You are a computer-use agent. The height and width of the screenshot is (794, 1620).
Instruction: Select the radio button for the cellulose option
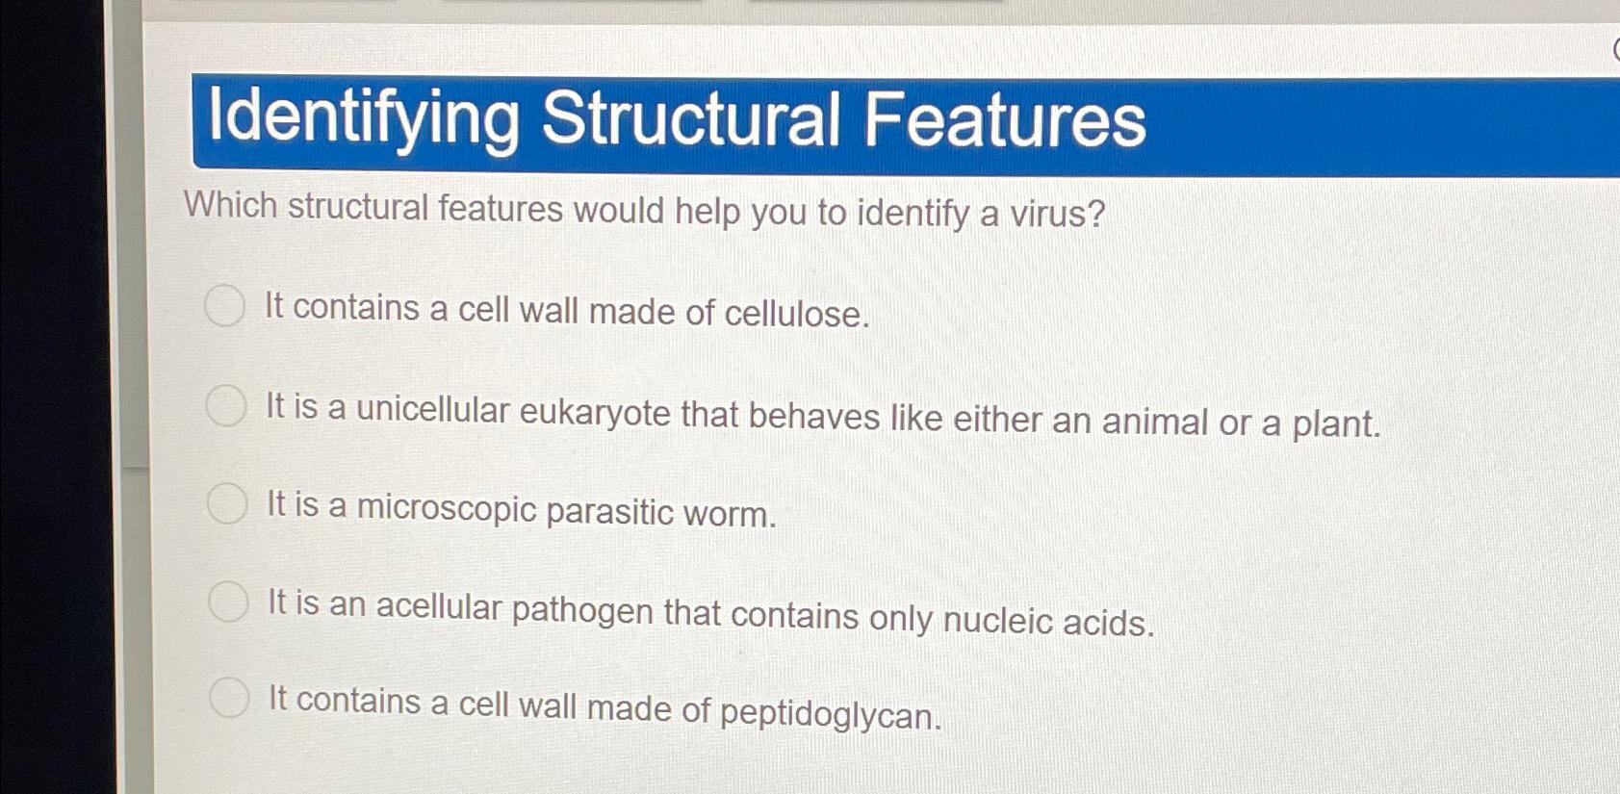pyautogui.click(x=225, y=306)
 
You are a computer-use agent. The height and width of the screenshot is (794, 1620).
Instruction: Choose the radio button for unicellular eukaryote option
pyautogui.click(x=226, y=405)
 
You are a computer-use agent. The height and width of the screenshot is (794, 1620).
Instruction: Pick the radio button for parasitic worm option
pyautogui.click(x=228, y=503)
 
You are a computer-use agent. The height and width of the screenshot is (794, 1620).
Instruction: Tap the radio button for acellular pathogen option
pyautogui.click(x=229, y=602)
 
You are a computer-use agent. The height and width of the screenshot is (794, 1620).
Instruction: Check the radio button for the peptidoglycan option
pyautogui.click(x=230, y=698)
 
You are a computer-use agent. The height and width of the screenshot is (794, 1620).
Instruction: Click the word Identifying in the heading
pyautogui.click(x=363, y=117)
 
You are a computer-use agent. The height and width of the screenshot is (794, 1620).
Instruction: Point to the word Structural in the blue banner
pyautogui.click(x=690, y=119)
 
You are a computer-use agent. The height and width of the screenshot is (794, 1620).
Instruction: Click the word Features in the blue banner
pyautogui.click(x=1004, y=121)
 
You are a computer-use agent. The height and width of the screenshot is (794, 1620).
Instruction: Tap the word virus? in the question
pyautogui.click(x=1057, y=214)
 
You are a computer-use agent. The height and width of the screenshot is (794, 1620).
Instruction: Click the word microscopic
pyautogui.click(x=447, y=508)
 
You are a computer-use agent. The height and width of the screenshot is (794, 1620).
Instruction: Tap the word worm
pyautogui.click(x=729, y=514)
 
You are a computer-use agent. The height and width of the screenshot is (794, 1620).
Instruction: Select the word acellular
pyautogui.click(x=439, y=606)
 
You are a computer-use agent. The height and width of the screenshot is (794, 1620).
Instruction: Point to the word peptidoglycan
pyautogui.click(x=830, y=713)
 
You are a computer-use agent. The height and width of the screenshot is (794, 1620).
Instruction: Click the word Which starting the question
pyautogui.click(x=231, y=205)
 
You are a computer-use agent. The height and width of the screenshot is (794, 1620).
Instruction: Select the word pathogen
pyautogui.click(x=582, y=610)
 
